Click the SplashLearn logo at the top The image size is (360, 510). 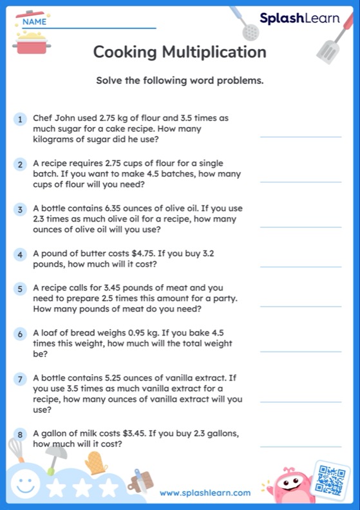[x=299, y=19]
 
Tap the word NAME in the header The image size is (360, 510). [x=35, y=22]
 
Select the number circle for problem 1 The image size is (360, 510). [x=21, y=119]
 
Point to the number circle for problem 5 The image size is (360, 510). [x=21, y=289]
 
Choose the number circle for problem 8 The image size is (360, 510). [x=21, y=435]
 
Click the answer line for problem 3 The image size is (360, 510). [x=300, y=227]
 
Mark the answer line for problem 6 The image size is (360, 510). [x=300, y=352]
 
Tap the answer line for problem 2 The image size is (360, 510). [x=300, y=182]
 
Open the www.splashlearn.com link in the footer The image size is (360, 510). [x=205, y=493]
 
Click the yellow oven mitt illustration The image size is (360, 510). [x=96, y=463]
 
